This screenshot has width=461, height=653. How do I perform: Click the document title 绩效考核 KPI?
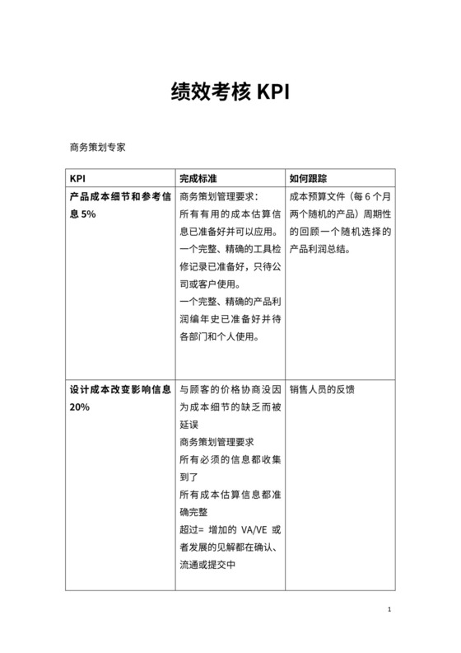pos(230,90)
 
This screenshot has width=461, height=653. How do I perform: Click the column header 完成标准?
pos(198,178)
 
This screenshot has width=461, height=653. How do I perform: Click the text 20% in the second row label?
pos(80,407)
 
